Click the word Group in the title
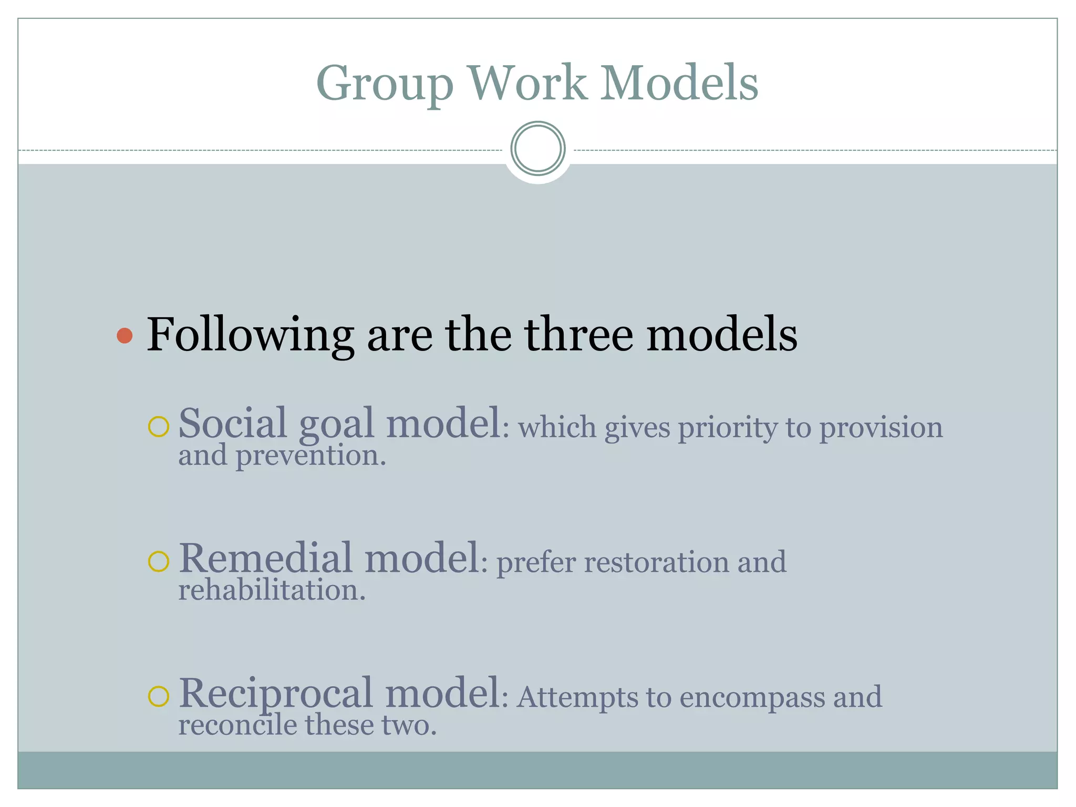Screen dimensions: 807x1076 pos(385,84)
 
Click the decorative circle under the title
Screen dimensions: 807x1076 pos(537,149)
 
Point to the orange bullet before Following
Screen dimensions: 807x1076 pos(125,336)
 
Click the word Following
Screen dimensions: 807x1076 pos(250,336)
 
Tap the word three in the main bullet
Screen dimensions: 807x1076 pos(578,335)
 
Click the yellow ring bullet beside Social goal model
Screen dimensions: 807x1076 pos(158,427)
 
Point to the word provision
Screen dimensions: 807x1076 pos(881,428)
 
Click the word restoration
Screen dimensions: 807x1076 pos(657,562)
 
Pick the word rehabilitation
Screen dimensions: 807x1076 pos(272,591)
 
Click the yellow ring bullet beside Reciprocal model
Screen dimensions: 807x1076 pos(158,697)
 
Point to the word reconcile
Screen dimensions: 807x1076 pos(238,726)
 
